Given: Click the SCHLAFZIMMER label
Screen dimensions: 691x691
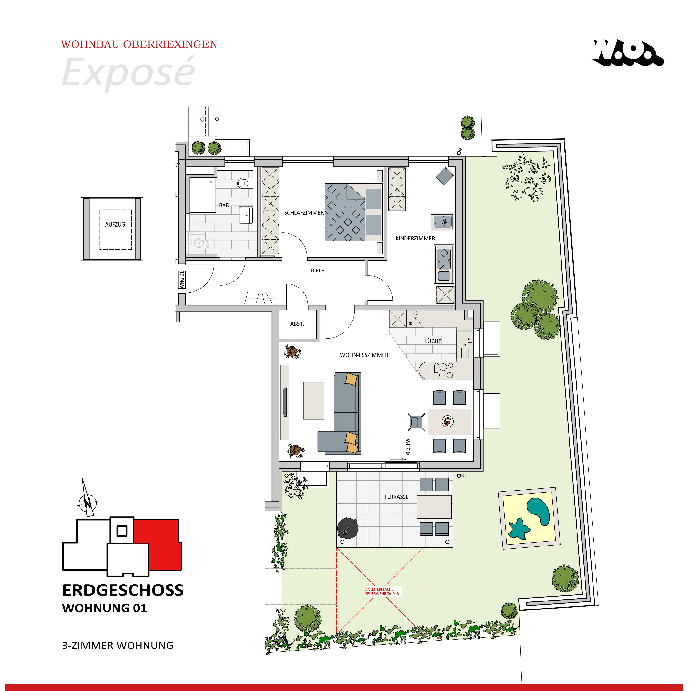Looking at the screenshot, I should (x=304, y=212).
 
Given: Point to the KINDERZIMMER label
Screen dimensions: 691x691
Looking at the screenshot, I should (x=415, y=238).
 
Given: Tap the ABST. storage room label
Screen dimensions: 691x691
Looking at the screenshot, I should (x=297, y=324).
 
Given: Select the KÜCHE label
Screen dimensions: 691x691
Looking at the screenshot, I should (x=432, y=341).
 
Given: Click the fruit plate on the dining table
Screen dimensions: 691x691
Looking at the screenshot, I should (x=447, y=421).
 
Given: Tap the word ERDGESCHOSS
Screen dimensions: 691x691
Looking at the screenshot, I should (x=123, y=591).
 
